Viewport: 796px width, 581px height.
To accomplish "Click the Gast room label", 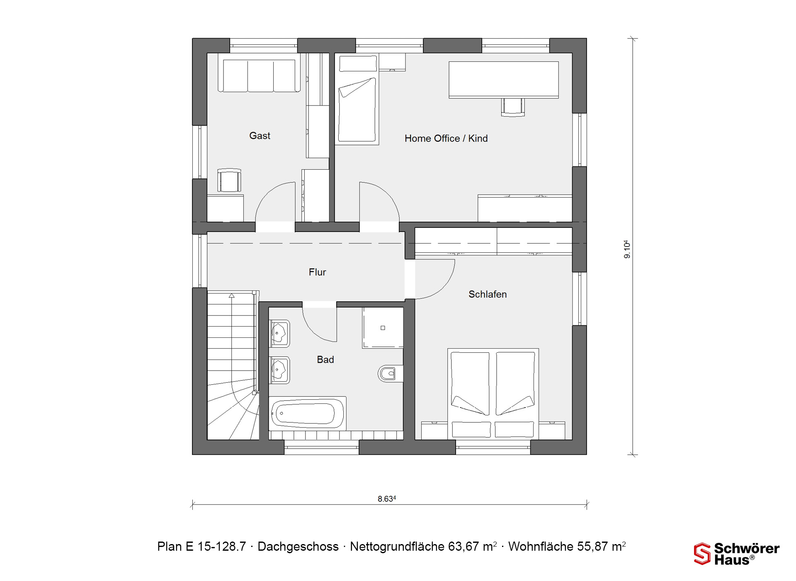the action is coord(260,136).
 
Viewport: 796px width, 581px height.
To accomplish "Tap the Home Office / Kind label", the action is coord(446,139).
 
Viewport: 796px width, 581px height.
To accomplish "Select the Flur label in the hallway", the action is coord(317,272).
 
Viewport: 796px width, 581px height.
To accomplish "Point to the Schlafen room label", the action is coord(488,294).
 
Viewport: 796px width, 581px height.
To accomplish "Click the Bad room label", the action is coord(325,360).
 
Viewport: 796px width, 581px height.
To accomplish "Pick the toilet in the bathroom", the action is coord(390,374).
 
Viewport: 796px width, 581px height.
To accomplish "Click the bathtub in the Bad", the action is coord(307,413).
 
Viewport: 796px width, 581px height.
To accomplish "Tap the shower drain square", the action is coord(383,328).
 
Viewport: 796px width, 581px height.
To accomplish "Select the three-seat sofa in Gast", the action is coord(259,76).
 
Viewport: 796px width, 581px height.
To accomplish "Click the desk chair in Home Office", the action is coord(513,107).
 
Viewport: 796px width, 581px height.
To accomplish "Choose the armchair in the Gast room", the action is coord(229,181).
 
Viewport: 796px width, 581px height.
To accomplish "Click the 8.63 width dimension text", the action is coord(387,498).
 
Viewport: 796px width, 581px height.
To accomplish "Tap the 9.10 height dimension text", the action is coord(627,249).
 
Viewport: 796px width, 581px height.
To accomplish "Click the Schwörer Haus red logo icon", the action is coord(702,554).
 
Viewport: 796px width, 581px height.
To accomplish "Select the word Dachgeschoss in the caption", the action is coord(298,547).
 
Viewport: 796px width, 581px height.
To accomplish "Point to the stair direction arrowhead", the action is coord(231,295).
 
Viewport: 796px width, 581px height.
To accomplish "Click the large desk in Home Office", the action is coord(504,80).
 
